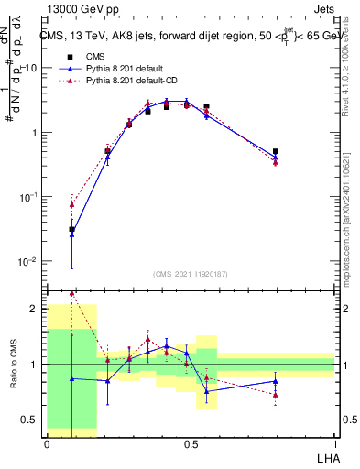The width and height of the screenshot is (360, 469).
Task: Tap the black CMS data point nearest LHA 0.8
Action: (x=276, y=151)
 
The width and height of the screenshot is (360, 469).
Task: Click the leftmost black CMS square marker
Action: (x=72, y=229)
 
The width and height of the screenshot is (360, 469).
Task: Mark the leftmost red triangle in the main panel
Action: (x=72, y=204)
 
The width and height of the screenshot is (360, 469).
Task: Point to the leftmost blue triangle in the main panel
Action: (x=72, y=234)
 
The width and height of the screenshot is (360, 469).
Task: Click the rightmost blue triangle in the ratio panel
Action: (x=276, y=381)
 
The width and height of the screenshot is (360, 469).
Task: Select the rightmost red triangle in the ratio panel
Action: (x=276, y=395)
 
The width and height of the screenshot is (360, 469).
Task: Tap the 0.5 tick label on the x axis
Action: (x=190, y=442)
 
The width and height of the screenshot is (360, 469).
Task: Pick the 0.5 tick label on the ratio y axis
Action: (x=32, y=420)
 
